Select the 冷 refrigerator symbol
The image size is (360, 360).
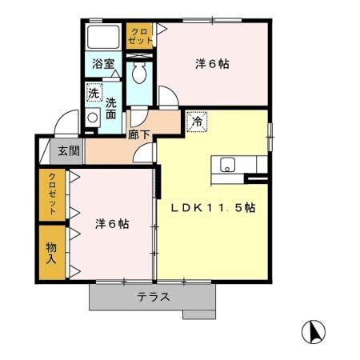pos(196,122)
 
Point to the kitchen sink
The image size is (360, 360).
pos(227,166)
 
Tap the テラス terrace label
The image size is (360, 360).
pos(152,297)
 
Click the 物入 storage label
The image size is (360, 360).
pos(52,252)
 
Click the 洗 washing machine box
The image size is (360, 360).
pos(94,93)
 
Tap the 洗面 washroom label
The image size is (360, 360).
pos(111,108)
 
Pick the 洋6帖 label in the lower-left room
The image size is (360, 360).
pos(111,223)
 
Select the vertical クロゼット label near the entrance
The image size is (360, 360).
pos(52,194)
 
